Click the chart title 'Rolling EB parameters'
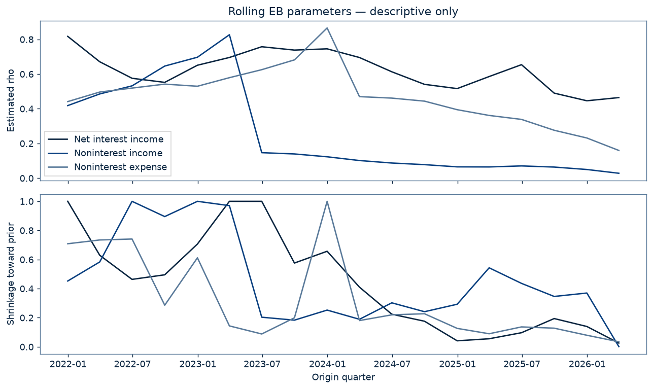(x=290, y=12)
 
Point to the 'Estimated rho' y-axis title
(x=11, y=100)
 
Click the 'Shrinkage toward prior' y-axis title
(x=11, y=273)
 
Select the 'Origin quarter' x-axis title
(x=343, y=377)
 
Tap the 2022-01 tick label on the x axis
(x=68, y=364)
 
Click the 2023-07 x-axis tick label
(x=263, y=364)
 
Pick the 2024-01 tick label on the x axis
(x=327, y=364)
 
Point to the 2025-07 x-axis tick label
(x=522, y=364)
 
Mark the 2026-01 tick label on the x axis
(x=587, y=364)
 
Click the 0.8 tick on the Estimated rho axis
(x=26, y=40)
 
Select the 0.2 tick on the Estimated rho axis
(x=26, y=144)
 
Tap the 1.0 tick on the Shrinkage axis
(x=26, y=201)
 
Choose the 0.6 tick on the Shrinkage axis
(x=26, y=260)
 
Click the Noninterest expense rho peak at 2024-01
(x=327, y=28)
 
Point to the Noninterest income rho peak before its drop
(x=230, y=34)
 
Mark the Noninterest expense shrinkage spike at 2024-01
(x=327, y=201)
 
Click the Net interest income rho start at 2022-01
(x=67, y=36)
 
